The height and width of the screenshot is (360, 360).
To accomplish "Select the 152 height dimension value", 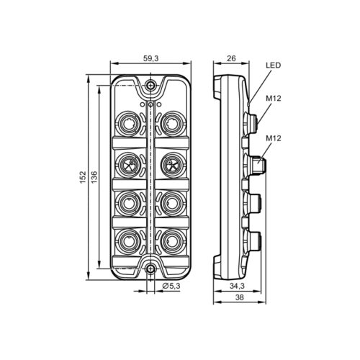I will click(x=84, y=176).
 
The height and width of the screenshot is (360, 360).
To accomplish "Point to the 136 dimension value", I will click(x=96, y=176).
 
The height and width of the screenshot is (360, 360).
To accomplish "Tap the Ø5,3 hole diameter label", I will click(x=171, y=287).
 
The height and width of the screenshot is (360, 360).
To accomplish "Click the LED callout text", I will click(x=272, y=65).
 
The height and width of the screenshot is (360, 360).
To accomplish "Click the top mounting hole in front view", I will click(x=150, y=86).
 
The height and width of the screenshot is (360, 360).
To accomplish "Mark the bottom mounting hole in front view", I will click(x=150, y=269).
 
